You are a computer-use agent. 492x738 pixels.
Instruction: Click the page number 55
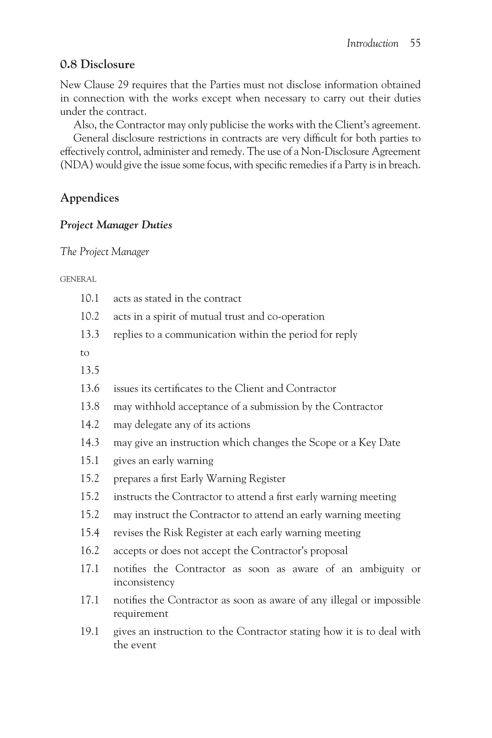point(415,43)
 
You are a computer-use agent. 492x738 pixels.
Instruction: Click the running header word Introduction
point(372,43)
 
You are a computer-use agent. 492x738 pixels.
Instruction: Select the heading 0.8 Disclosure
point(97,64)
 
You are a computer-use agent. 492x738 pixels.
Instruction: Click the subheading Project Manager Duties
point(116,225)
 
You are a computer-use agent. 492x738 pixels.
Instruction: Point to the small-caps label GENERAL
point(78,279)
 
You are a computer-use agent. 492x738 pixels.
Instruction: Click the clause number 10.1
point(90,298)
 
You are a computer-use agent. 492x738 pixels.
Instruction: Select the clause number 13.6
point(90,388)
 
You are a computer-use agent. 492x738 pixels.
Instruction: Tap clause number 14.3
point(90,443)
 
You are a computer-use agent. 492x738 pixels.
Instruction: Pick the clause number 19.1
point(90,631)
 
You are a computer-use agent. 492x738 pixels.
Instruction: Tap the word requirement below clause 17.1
point(141,613)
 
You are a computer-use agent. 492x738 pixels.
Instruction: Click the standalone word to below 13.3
point(85,353)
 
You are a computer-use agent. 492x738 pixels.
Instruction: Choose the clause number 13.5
point(90,371)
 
